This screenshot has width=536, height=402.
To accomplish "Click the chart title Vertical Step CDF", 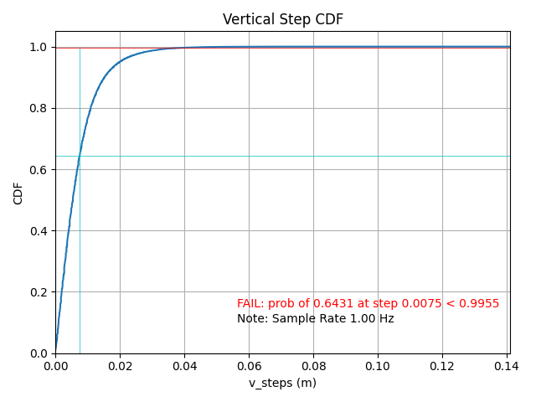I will (x=283, y=19).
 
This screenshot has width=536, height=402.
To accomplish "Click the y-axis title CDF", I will (x=18, y=193).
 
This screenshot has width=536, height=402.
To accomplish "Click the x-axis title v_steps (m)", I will (x=282, y=383).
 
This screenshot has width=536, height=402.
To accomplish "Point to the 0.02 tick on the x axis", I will (x=120, y=366).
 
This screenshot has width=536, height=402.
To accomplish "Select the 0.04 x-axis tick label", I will (x=184, y=366).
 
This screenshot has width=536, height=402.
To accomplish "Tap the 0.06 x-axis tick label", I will (x=249, y=366).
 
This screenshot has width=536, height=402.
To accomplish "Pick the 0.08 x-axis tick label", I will (x=313, y=366).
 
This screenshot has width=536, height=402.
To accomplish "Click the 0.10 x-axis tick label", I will (x=378, y=366).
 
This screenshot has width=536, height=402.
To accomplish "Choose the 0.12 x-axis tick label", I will (x=442, y=366).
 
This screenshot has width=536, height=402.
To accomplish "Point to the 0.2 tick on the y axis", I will (x=39, y=292).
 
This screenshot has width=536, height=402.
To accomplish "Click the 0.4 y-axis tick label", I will (x=39, y=231).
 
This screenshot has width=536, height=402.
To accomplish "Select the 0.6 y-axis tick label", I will (x=39, y=170).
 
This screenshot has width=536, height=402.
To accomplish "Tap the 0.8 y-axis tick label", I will (x=39, y=109).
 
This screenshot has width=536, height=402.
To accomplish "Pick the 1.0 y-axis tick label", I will (x=39, y=48).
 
